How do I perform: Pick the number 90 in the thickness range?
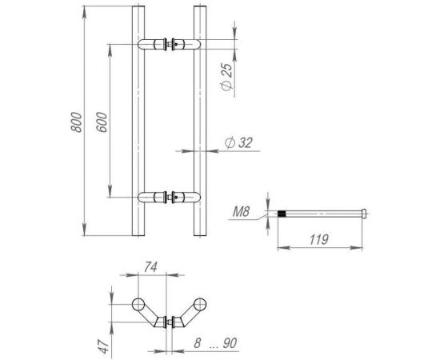(230, 344)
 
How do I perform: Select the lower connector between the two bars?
(169, 196)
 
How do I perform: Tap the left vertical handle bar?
(139, 120)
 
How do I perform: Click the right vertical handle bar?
(199, 120)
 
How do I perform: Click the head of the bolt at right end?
(365, 214)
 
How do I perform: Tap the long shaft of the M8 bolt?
(324, 214)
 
